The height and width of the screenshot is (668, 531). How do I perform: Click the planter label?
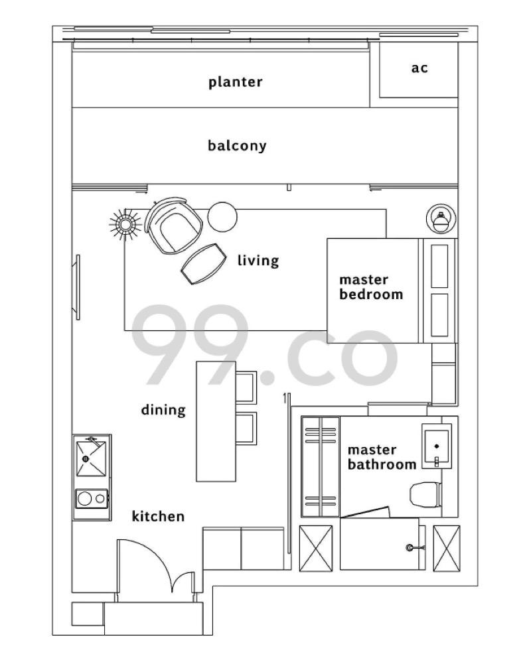(x=235, y=82)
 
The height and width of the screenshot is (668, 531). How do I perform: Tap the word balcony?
(x=237, y=146)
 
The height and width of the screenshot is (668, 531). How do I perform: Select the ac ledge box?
(x=417, y=69)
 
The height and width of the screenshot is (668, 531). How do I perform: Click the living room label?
(x=258, y=260)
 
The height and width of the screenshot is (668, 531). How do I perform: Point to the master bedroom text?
(x=371, y=287)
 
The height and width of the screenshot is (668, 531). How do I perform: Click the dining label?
(x=163, y=410)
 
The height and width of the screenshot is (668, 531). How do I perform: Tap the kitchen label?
(x=158, y=516)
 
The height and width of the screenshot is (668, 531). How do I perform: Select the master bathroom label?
(x=382, y=457)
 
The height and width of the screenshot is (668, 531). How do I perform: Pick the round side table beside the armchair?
(x=222, y=216)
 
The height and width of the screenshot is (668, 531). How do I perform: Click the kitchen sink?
(x=92, y=456)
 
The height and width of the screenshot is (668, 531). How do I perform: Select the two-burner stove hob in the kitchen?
(x=92, y=498)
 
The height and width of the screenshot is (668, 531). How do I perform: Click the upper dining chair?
(x=245, y=387)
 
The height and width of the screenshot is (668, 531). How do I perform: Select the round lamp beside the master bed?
(x=440, y=218)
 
